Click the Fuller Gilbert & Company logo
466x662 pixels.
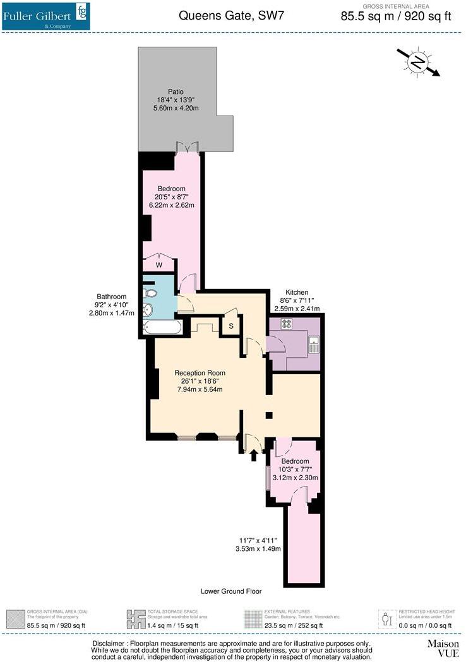[45, 16]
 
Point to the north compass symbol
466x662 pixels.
[417, 62]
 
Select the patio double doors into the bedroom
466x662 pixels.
[188, 147]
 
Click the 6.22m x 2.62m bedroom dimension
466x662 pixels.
[171, 205]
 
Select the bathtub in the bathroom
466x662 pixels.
[162, 328]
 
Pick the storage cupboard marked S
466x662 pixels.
[231, 326]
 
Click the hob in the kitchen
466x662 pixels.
[285, 324]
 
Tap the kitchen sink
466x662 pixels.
[313, 344]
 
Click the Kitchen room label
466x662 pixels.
[297, 292]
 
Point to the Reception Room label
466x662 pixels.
[200, 373]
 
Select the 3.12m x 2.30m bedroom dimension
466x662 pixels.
[295, 478]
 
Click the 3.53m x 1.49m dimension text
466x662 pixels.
[259, 548]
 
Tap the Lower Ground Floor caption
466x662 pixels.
[230, 591]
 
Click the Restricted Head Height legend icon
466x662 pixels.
[387, 617]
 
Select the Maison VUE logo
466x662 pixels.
[442, 648]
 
